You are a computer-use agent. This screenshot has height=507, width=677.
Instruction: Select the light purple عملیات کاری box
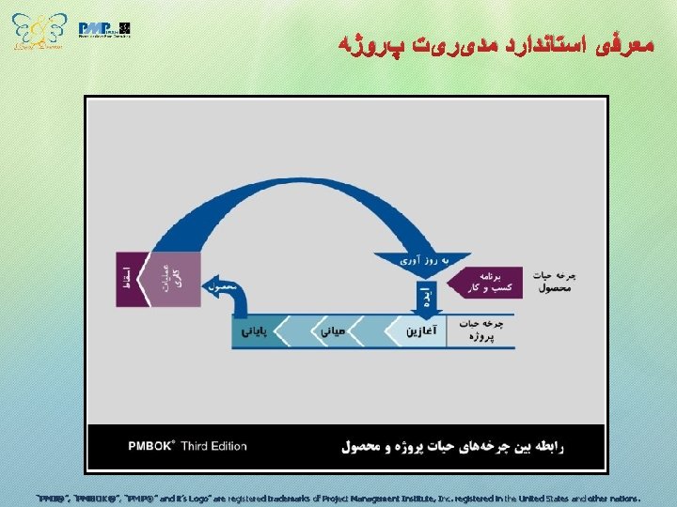click(174, 279)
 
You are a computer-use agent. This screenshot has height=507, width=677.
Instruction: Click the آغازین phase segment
click(421, 330)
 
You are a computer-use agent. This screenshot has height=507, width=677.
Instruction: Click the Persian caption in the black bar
click(451, 447)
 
